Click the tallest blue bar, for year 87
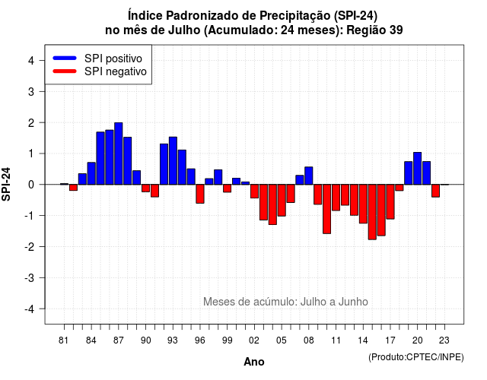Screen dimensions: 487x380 pyautogui.click(x=119, y=154)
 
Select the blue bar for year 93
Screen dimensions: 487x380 pyautogui.click(x=173, y=160)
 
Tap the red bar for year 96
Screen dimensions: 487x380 pyautogui.click(x=200, y=194)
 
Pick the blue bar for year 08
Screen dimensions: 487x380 pyautogui.click(x=309, y=176)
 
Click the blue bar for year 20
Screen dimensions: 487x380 pyautogui.click(x=418, y=169)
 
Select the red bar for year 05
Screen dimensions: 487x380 pyautogui.click(x=282, y=201)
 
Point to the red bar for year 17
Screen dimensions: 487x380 pyautogui.click(x=390, y=201)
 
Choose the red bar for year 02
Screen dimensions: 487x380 pyautogui.click(x=254, y=191)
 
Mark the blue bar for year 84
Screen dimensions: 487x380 pyautogui.click(x=91, y=173)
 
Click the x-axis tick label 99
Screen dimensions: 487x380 pyautogui.click(x=227, y=340)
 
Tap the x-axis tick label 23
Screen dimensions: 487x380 pyautogui.click(x=444, y=340)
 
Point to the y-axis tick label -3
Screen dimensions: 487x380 pyautogui.click(x=30, y=278)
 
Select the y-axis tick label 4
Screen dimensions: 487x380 pyautogui.click(x=31, y=61)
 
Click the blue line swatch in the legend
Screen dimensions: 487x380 pyautogui.click(x=65, y=58)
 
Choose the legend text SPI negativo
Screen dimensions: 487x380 pyautogui.click(x=116, y=71)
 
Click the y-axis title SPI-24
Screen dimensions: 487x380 pyautogui.click(x=6, y=184)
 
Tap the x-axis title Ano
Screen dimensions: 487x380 pyautogui.click(x=254, y=362)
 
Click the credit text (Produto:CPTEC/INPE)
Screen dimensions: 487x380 pyautogui.click(x=416, y=357)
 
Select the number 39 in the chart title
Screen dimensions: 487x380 pyautogui.click(x=396, y=30)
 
